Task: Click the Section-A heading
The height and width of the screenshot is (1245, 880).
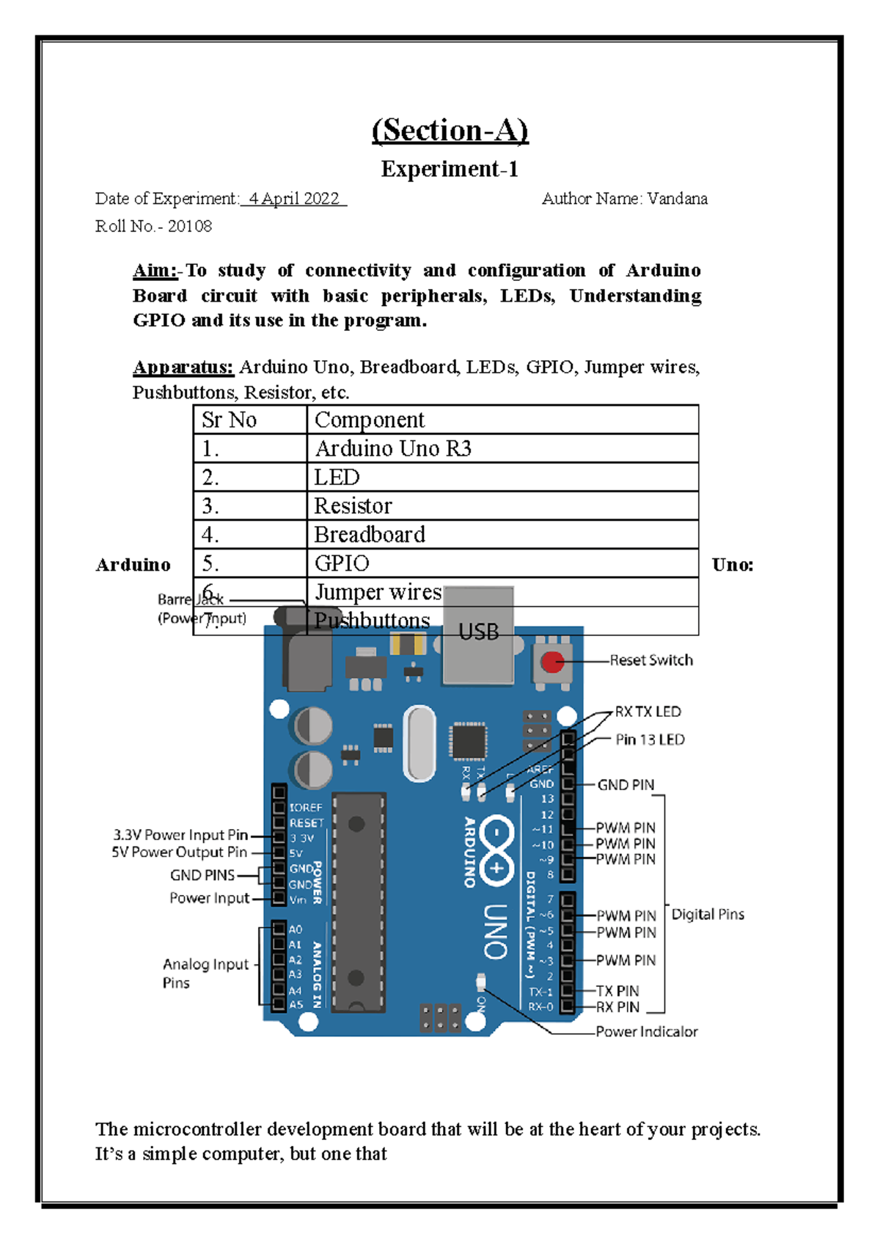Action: [x=450, y=131]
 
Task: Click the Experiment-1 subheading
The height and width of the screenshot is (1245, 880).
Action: [x=450, y=169]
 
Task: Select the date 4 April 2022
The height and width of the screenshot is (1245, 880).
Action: [x=294, y=199]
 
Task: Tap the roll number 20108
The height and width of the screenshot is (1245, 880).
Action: [x=189, y=227]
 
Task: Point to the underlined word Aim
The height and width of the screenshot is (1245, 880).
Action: [x=155, y=271]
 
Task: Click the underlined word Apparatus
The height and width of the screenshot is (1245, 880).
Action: [x=183, y=367]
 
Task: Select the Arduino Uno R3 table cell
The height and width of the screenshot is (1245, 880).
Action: [x=393, y=448]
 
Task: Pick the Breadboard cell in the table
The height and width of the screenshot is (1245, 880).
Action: [x=370, y=535]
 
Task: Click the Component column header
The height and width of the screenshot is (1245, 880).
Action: [x=370, y=420]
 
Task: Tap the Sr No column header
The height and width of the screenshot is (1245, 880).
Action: [x=229, y=420]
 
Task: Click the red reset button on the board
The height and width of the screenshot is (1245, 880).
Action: [x=551, y=662]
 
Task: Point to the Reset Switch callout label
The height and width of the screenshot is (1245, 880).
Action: [x=651, y=660]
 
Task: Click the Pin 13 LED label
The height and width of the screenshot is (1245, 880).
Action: [x=650, y=740]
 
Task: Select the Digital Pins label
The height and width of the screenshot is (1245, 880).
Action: [x=708, y=914]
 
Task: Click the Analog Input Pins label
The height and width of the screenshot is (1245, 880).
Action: [x=205, y=973]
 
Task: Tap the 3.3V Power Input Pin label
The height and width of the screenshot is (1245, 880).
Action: [x=180, y=835]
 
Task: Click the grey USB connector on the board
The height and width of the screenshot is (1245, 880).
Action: [x=478, y=646]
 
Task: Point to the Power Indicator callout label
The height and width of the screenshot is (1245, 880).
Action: [x=646, y=1032]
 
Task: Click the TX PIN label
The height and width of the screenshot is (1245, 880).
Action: [x=617, y=991]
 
